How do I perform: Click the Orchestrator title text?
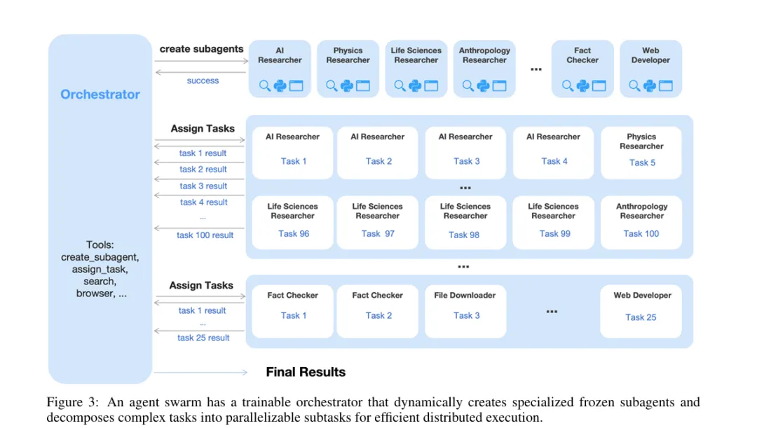(x=100, y=95)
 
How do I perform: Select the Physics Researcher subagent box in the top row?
(x=348, y=68)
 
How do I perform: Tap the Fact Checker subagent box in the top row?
(x=582, y=68)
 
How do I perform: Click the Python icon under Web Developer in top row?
(x=650, y=86)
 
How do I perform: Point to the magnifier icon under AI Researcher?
(x=265, y=86)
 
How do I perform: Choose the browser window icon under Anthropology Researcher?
(x=500, y=86)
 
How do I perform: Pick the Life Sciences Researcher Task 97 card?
(x=378, y=221)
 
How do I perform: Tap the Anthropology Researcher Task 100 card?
(x=641, y=221)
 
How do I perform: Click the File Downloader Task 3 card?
(x=465, y=308)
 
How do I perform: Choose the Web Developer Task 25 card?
(x=641, y=308)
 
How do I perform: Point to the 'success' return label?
(x=203, y=81)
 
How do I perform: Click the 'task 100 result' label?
(x=205, y=235)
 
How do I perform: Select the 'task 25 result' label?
(x=203, y=338)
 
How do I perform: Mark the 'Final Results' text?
(x=306, y=372)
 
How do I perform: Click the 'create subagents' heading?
(x=201, y=49)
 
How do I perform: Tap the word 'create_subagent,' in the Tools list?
(x=100, y=257)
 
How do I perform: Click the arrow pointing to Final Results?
(x=200, y=372)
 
